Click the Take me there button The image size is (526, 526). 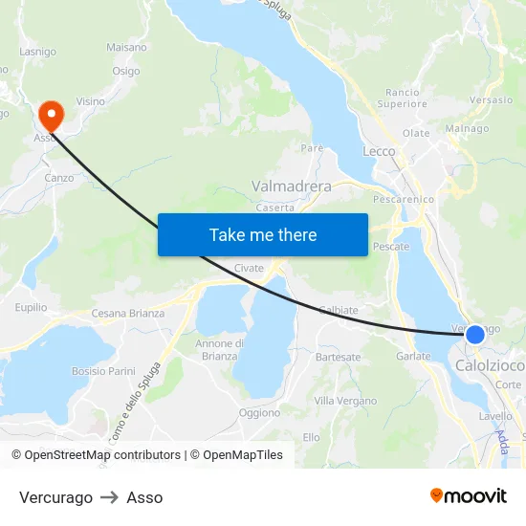click(x=263, y=234)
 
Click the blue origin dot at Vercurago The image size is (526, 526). click(x=474, y=335)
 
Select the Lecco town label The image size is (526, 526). click(x=379, y=151)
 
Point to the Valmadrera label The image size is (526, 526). click(x=291, y=186)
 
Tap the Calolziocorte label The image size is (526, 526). click(x=489, y=365)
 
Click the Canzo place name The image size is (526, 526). click(x=58, y=178)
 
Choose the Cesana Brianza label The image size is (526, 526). click(x=128, y=313)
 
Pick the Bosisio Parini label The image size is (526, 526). click(x=103, y=371)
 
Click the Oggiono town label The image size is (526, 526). click(x=259, y=413)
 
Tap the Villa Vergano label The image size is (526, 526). click(x=345, y=401)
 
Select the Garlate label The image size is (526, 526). click(x=413, y=356)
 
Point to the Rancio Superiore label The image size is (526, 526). click(x=402, y=98)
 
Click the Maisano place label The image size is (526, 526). click(x=127, y=47)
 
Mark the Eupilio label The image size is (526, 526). click(x=31, y=307)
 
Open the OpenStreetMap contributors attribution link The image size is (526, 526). click(x=102, y=455)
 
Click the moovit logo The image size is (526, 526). click(x=468, y=495)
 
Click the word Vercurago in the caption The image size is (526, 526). click(x=55, y=497)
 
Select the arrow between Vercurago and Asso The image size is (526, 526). click(x=109, y=497)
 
